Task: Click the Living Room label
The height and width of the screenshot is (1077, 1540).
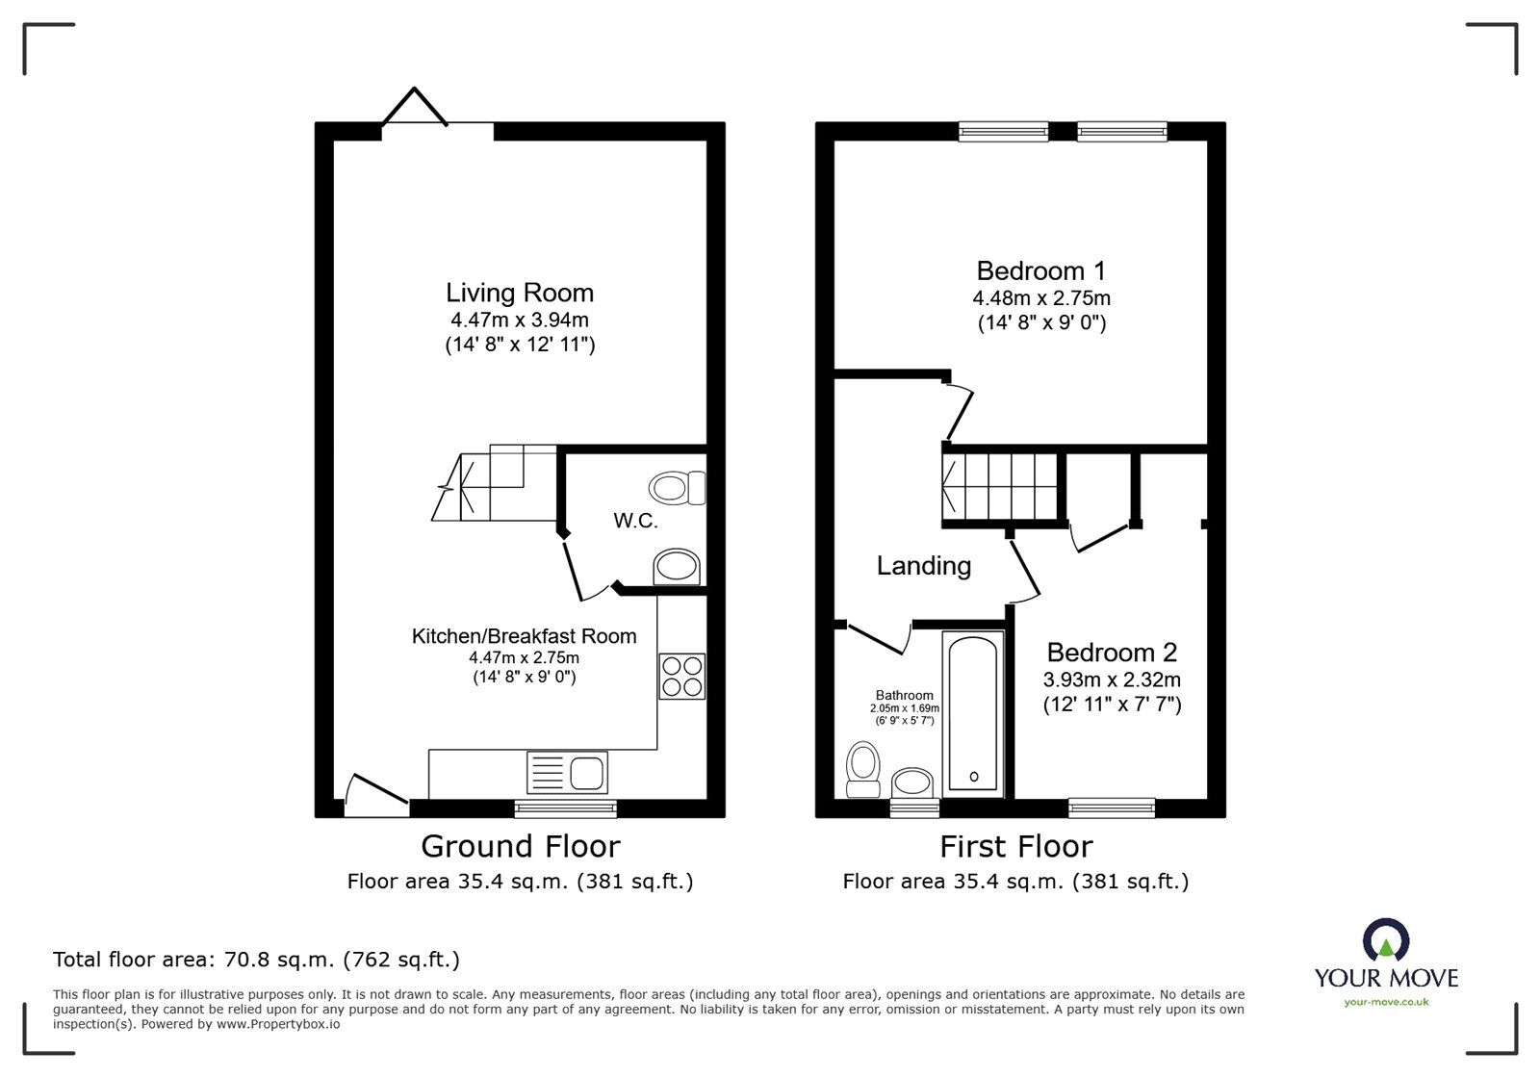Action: (x=519, y=293)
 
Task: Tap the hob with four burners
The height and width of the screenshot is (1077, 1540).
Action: (x=681, y=676)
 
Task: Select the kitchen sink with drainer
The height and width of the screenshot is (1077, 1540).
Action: (x=567, y=773)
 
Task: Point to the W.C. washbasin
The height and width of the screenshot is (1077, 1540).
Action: (x=677, y=568)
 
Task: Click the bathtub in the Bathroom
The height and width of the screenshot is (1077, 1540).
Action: (x=973, y=714)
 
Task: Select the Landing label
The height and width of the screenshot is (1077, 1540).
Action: (x=923, y=566)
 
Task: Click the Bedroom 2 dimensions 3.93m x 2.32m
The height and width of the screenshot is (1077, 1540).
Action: (x=1112, y=680)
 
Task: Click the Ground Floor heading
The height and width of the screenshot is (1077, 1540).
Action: (x=520, y=847)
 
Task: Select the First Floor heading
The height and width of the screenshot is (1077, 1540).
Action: (x=1015, y=847)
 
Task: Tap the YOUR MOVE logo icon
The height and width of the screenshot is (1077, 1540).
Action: (x=1386, y=940)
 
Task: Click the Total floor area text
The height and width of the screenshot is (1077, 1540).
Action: (x=256, y=960)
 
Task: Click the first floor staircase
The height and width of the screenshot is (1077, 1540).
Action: (x=1001, y=484)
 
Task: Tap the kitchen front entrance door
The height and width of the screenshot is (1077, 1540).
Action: (x=376, y=794)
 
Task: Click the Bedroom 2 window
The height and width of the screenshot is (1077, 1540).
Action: (x=1112, y=808)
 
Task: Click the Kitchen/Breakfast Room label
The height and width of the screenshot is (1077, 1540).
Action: (x=524, y=636)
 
